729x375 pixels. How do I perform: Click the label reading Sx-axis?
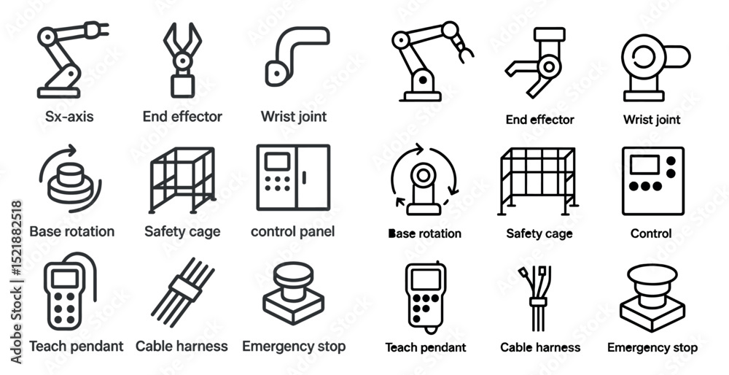69,116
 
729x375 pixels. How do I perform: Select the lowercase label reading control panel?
292,231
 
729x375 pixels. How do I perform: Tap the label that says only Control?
651,233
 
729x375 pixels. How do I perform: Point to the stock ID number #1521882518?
16,239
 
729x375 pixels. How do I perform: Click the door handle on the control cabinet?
304,177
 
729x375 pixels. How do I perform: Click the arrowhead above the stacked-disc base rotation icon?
71,150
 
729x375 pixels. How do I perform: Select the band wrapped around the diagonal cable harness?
185,288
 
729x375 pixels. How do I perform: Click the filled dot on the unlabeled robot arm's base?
423,80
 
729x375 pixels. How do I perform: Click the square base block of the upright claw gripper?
182,86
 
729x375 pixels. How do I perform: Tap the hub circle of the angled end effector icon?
549,66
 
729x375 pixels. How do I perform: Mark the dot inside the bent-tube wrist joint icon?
277,73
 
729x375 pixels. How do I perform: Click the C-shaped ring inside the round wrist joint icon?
644,58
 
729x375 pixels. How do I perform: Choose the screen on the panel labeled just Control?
644,165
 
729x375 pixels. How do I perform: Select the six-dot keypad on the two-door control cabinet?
278,183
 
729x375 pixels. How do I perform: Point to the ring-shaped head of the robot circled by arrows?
423,175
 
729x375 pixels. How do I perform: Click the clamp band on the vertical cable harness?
538,302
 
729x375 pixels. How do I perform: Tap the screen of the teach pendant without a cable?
426,279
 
